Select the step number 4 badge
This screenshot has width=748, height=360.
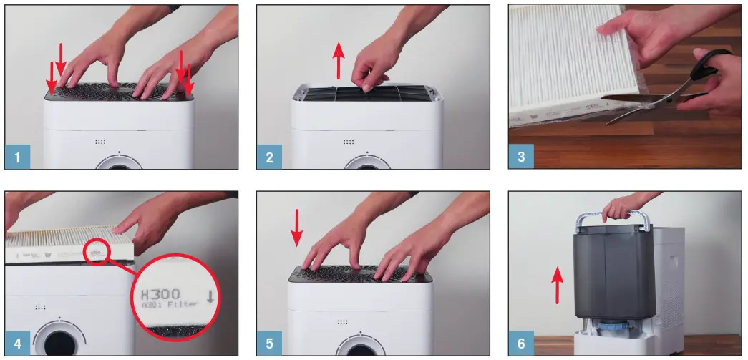point(17,343)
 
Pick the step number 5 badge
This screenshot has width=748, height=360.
point(269,343)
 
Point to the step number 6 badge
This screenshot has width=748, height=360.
point(521,343)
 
